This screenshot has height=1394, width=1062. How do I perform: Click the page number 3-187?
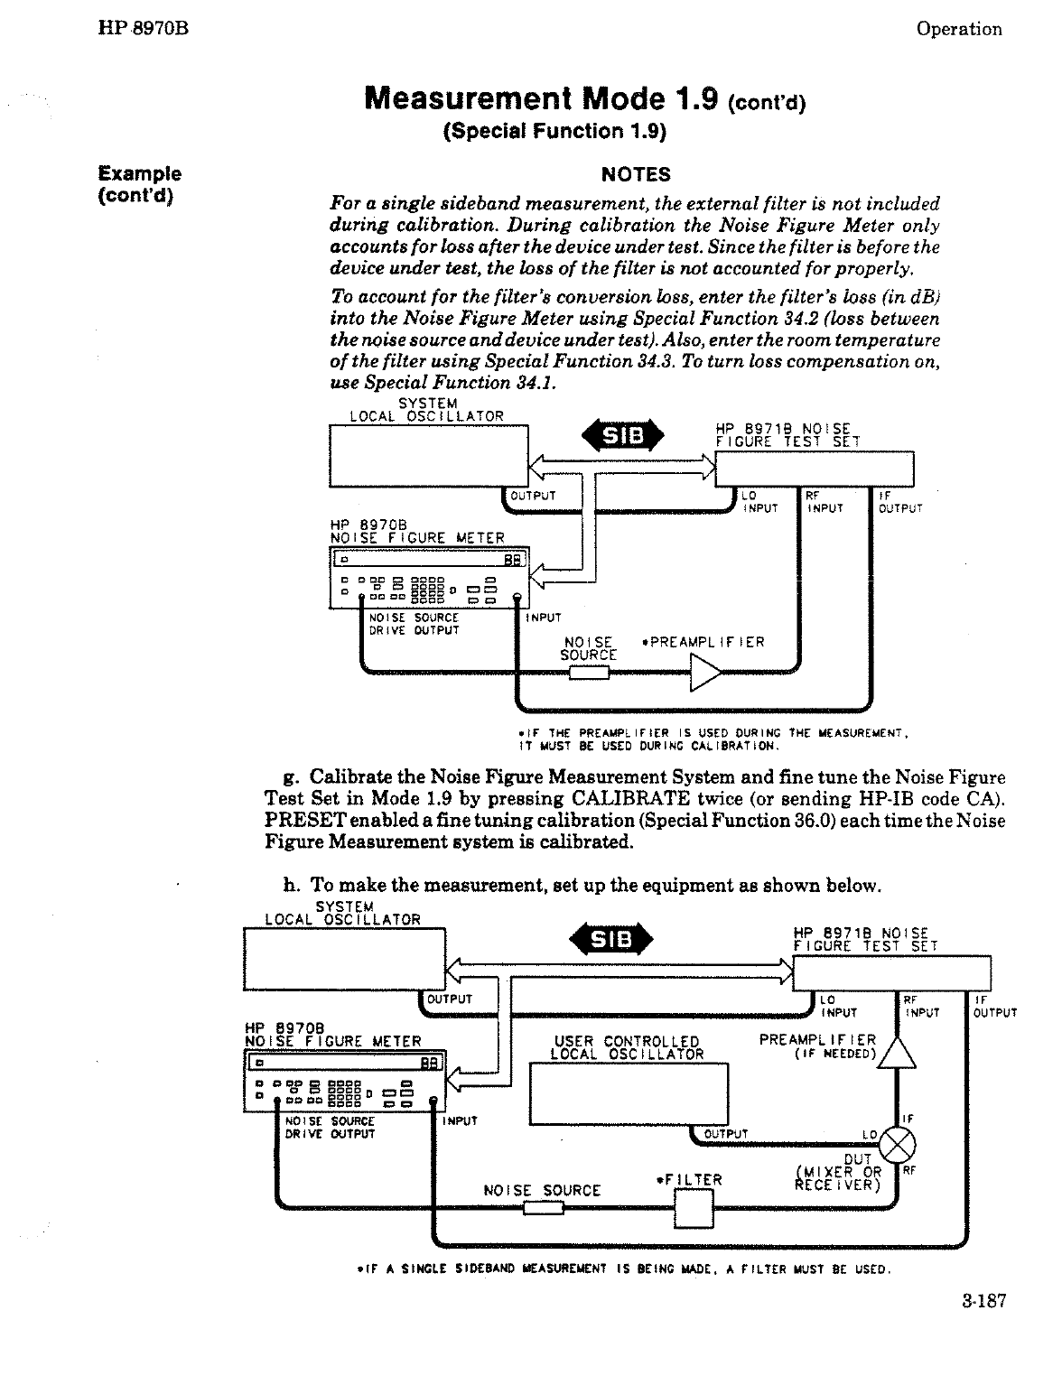[x=983, y=1301]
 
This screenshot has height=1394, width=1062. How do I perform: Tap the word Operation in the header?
[x=958, y=29]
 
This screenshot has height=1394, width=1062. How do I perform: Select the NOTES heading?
[x=636, y=174]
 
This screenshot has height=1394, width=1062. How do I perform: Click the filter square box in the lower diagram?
[x=694, y=1209]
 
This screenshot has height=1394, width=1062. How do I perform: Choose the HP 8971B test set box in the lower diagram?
[x=891, y=972]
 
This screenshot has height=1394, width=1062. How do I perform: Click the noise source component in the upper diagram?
[x=589, y=672]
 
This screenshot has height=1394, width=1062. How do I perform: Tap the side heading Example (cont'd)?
[x=140, y=184]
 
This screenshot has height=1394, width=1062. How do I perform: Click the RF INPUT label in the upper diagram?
[x=823, y=502]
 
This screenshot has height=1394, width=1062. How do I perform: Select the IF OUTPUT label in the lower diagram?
[x=994, y=1006]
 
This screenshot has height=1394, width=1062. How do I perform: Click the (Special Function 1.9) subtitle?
[x=554, y=132]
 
